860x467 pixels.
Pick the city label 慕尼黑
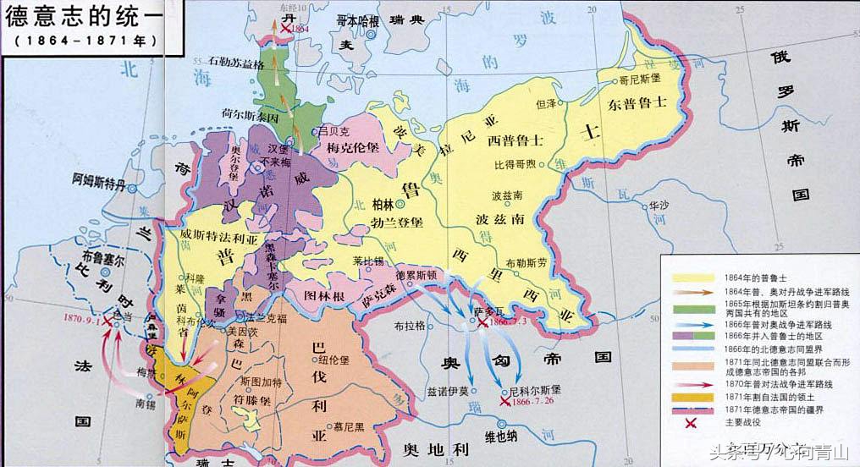coord(349,428)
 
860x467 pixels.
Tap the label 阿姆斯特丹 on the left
coord(102,179)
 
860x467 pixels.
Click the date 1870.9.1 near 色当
coord(87,320)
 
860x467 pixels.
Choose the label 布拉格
coord(397,325)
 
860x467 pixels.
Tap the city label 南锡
coord(125,404)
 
